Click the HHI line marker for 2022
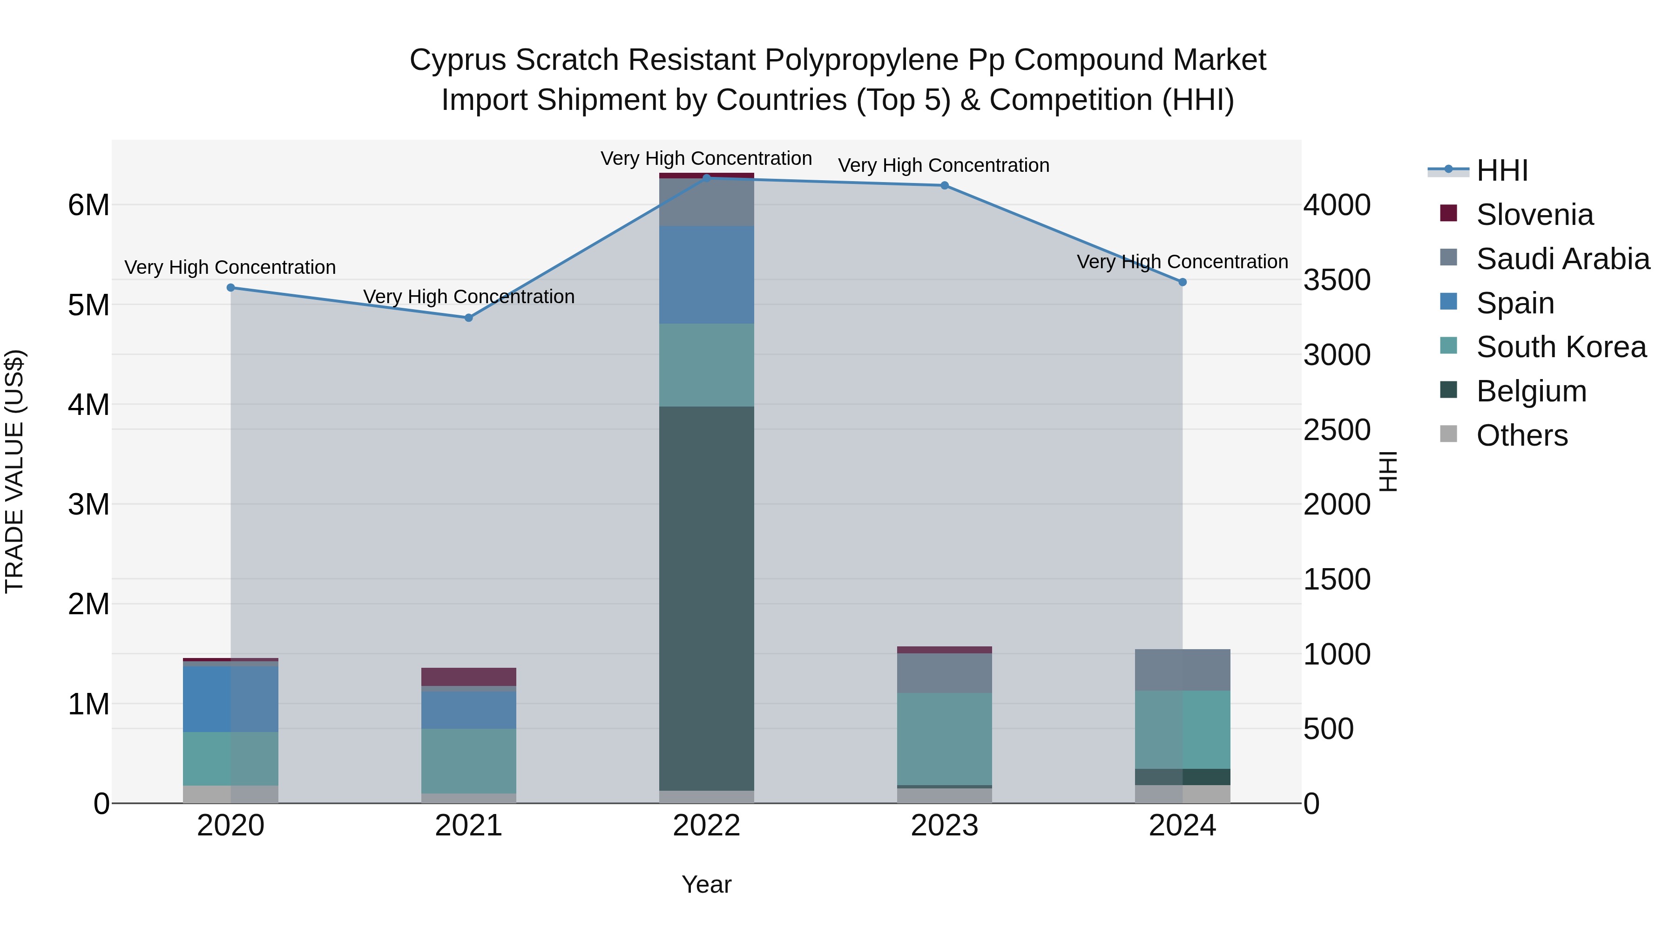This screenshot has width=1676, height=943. coord(707,178)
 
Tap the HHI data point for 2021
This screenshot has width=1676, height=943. coord(468,318)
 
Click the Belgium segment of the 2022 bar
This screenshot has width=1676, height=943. coord(707,599)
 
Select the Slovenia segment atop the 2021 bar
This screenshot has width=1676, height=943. coord(468,677)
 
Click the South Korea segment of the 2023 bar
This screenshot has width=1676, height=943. coord(944,739)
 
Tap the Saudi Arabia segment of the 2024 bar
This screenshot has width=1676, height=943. coord(1182,670)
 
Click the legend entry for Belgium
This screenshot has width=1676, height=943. coord(1531,391)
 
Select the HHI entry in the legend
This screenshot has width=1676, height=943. coord(1501,170)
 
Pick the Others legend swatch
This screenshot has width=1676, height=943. coord(1448,434)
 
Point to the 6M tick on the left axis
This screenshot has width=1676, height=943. coord(88,205)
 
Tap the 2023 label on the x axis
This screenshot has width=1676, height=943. coord(944,826)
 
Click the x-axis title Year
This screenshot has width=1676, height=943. coord(707,884)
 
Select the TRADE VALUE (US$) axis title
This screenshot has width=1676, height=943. coord(14,471)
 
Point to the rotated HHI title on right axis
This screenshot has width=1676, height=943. coord(1387,471)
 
